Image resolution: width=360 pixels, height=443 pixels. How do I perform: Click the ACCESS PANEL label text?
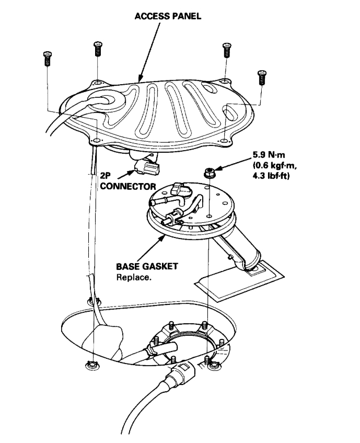[x=168, y=16]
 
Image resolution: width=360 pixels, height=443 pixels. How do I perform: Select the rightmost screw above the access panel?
[x=262, y=77]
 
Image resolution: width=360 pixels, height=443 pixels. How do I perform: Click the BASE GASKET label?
[x=146, y=267]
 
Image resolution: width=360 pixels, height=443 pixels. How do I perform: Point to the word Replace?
[x=134, y=277]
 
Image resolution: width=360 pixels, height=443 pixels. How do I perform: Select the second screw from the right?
[x=226, y=50]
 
